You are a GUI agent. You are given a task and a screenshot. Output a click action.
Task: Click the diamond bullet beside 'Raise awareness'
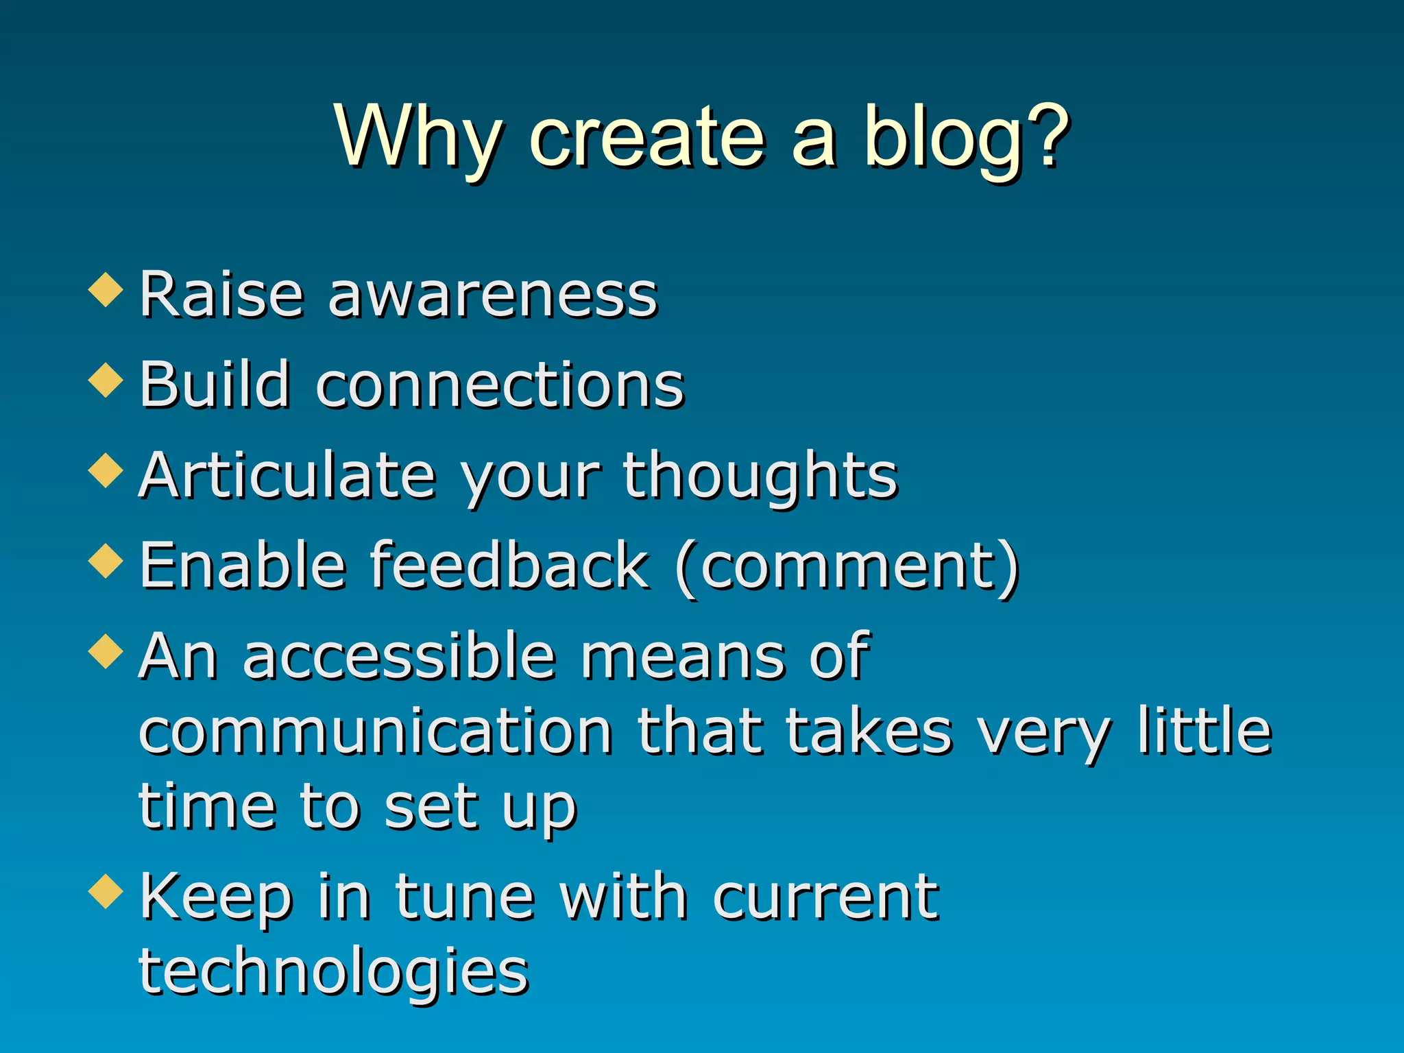click(x=106, y=289)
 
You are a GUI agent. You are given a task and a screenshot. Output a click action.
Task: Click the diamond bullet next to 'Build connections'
click(x=106, y=380)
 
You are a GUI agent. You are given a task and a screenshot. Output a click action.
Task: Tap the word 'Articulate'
click(x=287, y=476)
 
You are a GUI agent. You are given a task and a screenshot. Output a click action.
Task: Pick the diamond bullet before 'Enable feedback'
click(x=106, y=561)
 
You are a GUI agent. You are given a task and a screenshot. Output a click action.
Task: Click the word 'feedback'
click(x=510, y=566)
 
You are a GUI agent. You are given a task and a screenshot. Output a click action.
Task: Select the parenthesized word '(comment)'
click(x=847, y=568)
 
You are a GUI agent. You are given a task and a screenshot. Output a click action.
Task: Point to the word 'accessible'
click(x=399, y=657)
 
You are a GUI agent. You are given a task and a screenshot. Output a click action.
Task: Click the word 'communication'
click(x=375, y=732)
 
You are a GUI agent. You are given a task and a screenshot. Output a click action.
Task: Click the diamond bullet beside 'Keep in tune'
click(x=106, y=891)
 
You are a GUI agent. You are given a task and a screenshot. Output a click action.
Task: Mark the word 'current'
click(x=825, y=898)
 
